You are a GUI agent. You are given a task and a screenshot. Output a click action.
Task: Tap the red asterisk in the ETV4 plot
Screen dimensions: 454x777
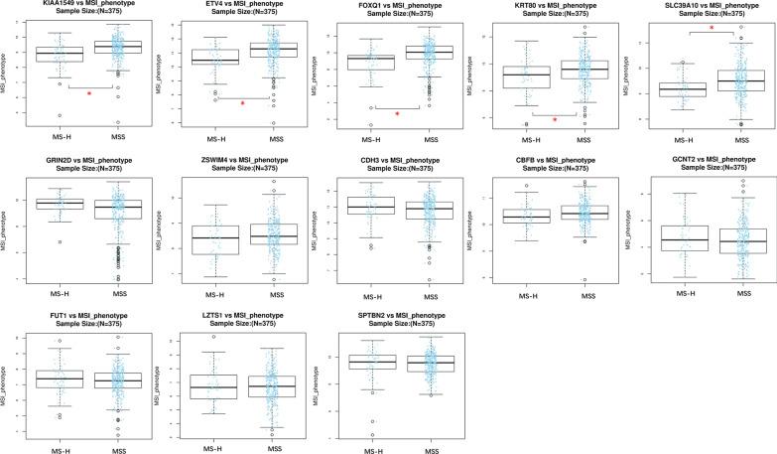pyautogui.click(x=241, y=103)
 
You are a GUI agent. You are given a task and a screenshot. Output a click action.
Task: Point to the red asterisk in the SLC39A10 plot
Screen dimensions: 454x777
pyautogui.click(x=711, y=29)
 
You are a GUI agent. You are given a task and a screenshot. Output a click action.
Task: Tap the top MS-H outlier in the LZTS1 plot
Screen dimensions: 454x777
pyautogui.click(x=211, y=338)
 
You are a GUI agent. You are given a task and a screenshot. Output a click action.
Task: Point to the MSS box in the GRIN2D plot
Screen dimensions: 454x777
pyautogui.click(x=126, y=209)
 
